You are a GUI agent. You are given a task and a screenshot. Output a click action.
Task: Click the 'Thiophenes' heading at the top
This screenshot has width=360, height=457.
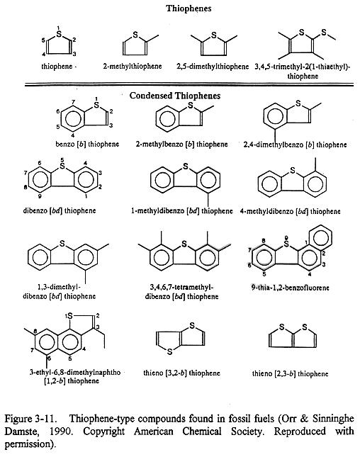click(189, 9)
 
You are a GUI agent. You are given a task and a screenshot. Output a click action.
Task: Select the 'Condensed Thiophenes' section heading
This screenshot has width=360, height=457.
click(175, 96)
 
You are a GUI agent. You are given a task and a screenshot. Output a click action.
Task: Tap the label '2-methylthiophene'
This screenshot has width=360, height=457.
click(132, 66)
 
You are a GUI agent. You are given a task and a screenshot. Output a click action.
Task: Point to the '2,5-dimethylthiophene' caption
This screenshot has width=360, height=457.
click(213, 67)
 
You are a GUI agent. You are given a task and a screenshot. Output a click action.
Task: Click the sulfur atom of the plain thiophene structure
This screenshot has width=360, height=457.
click(60, 34)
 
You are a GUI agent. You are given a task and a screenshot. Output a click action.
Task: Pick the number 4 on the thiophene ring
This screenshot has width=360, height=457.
click(43, 55)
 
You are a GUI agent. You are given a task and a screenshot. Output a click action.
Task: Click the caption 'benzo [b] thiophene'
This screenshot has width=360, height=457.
click(87, 144)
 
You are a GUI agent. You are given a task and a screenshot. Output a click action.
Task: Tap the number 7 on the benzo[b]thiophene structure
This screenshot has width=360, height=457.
click(74, 102)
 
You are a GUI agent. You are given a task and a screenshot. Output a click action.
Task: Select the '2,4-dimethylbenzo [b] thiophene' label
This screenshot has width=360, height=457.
click(295, 145)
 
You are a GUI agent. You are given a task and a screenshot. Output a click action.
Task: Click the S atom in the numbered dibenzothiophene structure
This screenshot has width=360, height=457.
click(62, 166)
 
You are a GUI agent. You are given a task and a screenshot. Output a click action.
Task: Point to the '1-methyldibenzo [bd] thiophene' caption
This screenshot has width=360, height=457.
click(182, 210)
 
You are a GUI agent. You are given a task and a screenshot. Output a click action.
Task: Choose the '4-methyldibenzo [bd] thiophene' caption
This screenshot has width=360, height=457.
click(290, 211)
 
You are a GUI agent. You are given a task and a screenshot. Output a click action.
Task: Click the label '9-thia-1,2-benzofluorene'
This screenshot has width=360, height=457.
click(291, 288)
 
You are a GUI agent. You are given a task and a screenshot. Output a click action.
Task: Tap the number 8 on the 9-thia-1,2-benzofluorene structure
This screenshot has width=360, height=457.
click(264, 241)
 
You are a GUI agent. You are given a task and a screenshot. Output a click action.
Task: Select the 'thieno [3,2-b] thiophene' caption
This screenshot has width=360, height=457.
click(181, 373)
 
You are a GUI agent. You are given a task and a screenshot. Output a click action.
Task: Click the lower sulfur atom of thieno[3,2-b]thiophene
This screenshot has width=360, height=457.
click(169, 352)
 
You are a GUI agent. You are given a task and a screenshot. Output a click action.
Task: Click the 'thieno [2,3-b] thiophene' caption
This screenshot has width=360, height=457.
click(290, 373)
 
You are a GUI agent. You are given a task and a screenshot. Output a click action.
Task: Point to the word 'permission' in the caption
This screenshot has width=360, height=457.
click(26, 444)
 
